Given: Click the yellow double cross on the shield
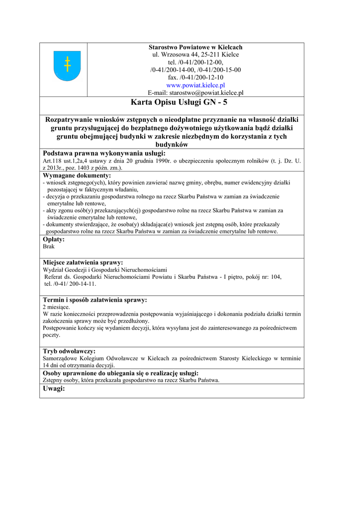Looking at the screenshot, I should pyautogui.click(x=67, y=64).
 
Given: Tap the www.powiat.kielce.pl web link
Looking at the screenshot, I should pyautogui.click(x=195, y=85).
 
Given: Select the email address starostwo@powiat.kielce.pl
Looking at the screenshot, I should pyautogui.click(x=206, y=92).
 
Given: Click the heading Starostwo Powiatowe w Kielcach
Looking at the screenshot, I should pyautogui.click(x=195, y=47).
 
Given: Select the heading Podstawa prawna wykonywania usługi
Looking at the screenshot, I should pyautogui.click(x=103, y=153).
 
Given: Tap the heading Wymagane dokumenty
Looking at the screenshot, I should pyautogui.click(x=77, y=175).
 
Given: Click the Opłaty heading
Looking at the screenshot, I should pyautogui.click(x=54, y=239).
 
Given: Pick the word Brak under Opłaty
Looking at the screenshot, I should pyautogui.click(x=49, y=246).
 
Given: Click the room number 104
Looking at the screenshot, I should pyautogui.click(x=275, y=277).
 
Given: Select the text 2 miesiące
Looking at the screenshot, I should pyautogui.click(x=56, y=307).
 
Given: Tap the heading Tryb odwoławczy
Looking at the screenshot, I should pyautogui.click(x=69, y=351).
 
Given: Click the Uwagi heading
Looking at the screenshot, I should pyautogui.click(x=54, y=388).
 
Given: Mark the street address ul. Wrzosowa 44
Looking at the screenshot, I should pyautogui.click(x=178, y=54).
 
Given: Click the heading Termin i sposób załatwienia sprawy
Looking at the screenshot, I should pyautogui.click(x=94, y=300).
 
